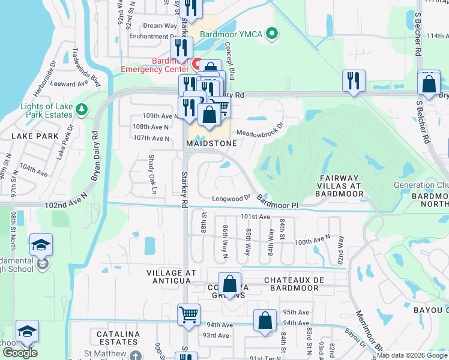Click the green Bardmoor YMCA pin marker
pos(273,34)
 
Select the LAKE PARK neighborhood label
pos(35,136)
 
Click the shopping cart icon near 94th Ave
pos(188,314)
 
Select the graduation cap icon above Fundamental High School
pos(41,245)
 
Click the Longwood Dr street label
pos(231,198)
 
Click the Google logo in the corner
pos(20,353)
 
